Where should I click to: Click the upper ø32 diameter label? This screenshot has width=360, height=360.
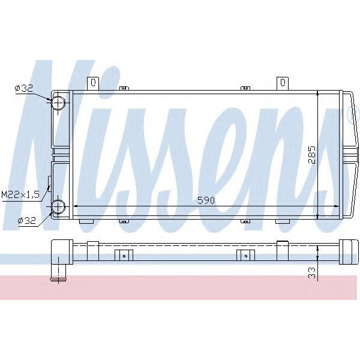[x=23, y=88]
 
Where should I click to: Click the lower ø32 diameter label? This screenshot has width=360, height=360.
[x=27, y=221]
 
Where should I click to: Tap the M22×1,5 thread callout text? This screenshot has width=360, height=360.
[x=21, y=194]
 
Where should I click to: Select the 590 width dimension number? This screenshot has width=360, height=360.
[x=205, y=200]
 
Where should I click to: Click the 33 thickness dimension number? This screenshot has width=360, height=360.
[x=310, y=271]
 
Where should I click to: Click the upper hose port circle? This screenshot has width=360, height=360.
[x=58, y=104]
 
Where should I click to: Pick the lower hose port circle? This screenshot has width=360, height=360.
[x=58, y=207]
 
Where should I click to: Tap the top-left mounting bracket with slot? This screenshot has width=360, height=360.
[x=92, y=83]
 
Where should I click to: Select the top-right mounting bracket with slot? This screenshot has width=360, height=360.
[x=281, y=83]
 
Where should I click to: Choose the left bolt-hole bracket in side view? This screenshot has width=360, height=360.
[x=123, y=255]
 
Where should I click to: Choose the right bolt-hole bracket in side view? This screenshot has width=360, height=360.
[x=245, y=255]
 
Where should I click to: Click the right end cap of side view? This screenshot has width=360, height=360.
[x=348, y=251]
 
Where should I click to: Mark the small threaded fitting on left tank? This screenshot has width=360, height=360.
[x=50, y=181]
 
